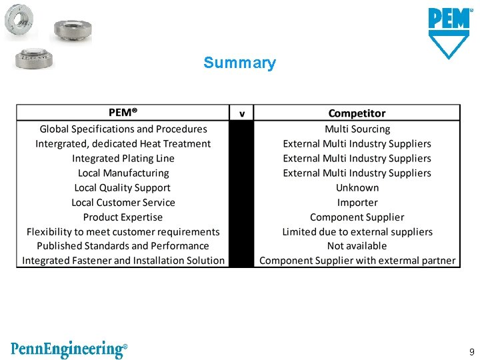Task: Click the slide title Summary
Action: pos(239,63)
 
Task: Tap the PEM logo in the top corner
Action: pos(449,33)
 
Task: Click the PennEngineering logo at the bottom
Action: pos(69,349)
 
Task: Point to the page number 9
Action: pos(471,351)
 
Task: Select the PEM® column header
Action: pos(123,113)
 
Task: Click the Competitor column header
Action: pos(357,113)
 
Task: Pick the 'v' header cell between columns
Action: pos(241,113)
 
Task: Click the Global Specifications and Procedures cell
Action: pos(123,129)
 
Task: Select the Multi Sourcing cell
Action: pos(357,129)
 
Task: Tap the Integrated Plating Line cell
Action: pos(123,159)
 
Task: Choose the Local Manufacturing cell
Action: pos(123,173)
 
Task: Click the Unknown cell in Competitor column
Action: pos(357,188)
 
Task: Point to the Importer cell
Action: pos(357,203)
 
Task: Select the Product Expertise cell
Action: pos(123,217)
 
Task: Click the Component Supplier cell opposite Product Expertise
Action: pos(357,217)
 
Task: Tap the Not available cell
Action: pos(357,246)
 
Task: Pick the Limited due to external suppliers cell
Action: pos(357,232)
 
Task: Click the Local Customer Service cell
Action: pos(123,203)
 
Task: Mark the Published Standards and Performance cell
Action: pos(123,246)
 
